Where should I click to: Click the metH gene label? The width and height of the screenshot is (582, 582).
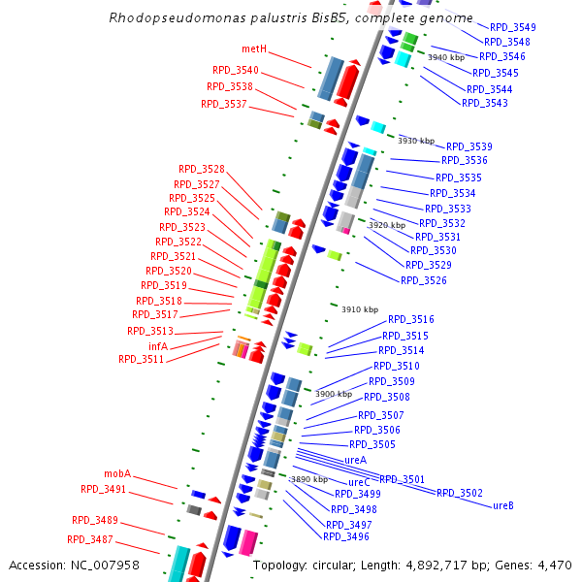[254, 49]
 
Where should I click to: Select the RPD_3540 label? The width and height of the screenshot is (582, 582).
[236, 70]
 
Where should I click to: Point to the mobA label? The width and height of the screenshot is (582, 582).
[117, 473]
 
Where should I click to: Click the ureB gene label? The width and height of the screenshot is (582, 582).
[503, 505]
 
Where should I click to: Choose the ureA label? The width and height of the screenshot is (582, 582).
[355, 459]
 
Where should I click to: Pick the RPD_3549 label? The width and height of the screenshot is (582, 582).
[513, 27]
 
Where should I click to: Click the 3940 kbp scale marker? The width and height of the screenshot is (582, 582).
[446, 57]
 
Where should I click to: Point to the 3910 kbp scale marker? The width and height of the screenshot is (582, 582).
[360, 309]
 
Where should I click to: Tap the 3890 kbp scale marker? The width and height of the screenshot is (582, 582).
[309, 479]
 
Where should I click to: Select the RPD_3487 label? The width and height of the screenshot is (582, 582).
[90, 539]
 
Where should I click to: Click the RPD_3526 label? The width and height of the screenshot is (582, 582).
[424, 280]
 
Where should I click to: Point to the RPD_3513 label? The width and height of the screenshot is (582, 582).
[150, 331]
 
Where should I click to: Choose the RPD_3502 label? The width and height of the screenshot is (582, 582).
[460, 493]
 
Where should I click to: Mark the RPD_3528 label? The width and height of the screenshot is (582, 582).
[202, 169]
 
